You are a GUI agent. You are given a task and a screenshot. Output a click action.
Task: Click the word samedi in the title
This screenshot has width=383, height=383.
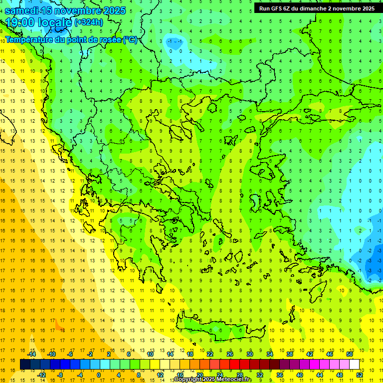pos(24,10)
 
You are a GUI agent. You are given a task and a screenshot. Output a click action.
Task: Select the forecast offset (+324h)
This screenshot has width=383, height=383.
pos(89,22)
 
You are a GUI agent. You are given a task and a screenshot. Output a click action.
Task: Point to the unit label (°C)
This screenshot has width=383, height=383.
pos(130,40)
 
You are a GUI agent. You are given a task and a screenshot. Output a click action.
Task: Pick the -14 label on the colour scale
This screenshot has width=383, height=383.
pos(31,354)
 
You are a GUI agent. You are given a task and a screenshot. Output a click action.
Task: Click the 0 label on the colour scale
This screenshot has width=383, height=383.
pos(99,375)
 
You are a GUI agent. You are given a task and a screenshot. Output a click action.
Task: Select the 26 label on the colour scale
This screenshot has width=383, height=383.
pos(230,354)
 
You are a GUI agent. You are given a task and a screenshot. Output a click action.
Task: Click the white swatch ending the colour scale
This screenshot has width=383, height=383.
pos(354,364)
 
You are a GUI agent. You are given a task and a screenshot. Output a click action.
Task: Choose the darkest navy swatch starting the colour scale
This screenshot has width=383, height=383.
pos(25,364)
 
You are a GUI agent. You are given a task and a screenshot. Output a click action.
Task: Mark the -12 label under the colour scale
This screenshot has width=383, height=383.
pos(41,375)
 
